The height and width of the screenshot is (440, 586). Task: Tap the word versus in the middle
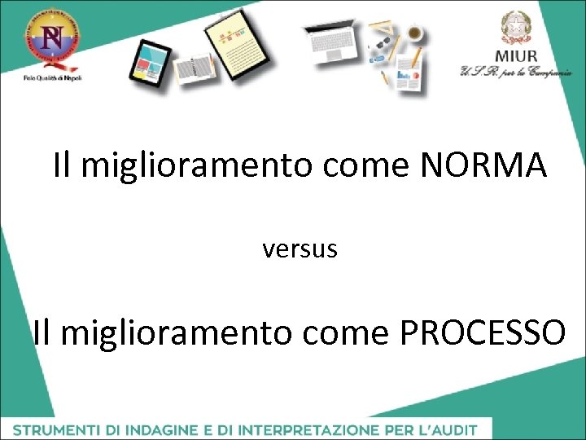(x=300, y=249)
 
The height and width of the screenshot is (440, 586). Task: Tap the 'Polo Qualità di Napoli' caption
(x=52, y=77)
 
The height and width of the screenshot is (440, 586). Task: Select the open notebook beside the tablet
(x=193, y=69)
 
